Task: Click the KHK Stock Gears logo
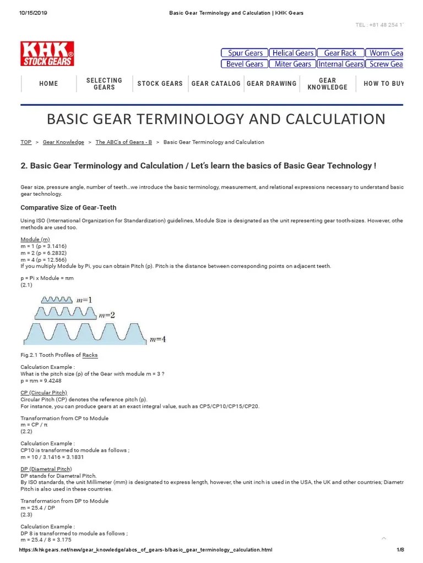[47, 53]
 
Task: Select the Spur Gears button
[245, 53]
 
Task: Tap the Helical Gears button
[292, 53]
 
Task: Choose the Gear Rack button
[340, 53]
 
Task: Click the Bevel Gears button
[245, 64]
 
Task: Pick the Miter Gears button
[292, 64]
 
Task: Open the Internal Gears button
[340, 64]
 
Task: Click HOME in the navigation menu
[48, 84]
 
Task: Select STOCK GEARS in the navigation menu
[160, 84]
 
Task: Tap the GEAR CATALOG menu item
[216, 84]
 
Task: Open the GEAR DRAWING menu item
[272, 84]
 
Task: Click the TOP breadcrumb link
[26, 142]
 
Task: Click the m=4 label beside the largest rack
[158, 339]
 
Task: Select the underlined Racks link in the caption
[90, 355]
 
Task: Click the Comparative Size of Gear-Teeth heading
[68, 207]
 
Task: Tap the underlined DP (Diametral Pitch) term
[46, 469]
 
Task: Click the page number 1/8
[400, 550]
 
